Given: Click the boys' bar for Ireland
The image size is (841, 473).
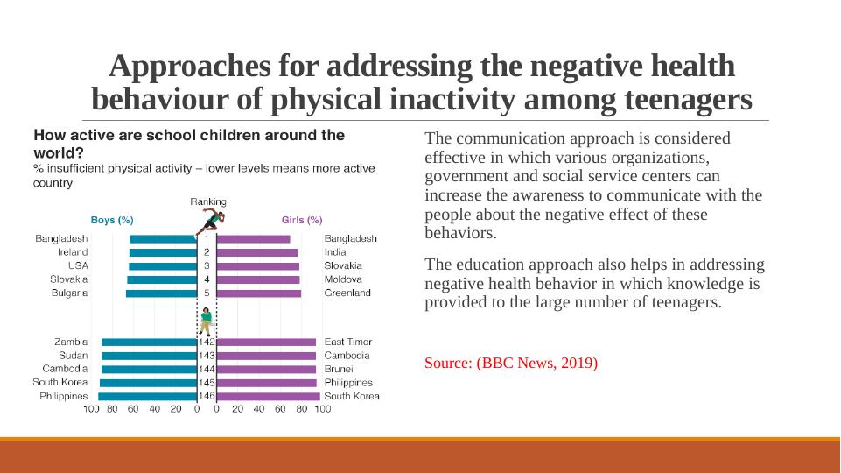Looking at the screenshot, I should pos(163,252).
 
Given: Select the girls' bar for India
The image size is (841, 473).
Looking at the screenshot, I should pos(256,252).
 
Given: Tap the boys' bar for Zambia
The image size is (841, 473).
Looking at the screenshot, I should pos(149,342).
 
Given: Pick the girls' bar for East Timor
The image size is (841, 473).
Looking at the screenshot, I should pos(266,342).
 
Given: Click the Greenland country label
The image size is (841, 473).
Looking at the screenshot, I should pos(347,293).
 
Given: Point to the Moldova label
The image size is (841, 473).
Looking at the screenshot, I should pos(344,279).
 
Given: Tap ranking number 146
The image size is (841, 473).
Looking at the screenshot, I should pos(207,396).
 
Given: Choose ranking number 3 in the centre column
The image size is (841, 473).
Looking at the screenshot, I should pos(207,265).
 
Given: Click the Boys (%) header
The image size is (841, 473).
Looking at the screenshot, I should pos(113,220).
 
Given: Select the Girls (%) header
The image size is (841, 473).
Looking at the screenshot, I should pos(302,220).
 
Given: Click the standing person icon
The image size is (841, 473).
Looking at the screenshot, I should pos(207,321).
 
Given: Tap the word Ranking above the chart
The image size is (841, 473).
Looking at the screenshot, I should pos(208,201).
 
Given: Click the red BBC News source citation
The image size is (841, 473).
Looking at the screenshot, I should pos(511,363).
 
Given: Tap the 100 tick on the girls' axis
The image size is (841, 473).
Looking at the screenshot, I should pos(323,408).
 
